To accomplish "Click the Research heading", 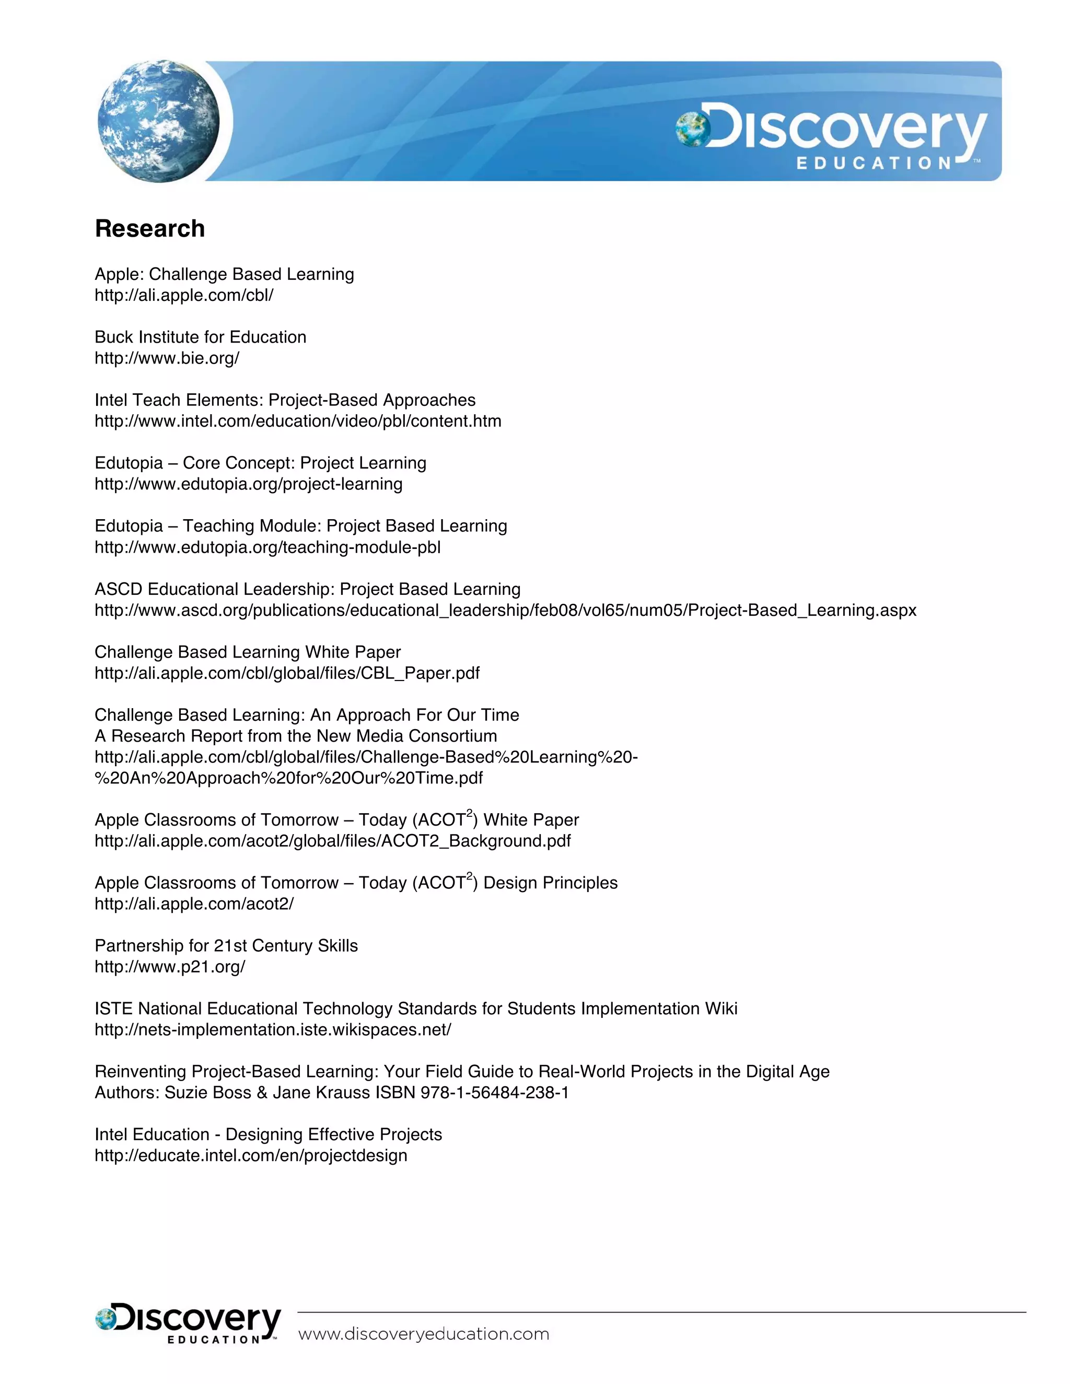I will pyautogui.click(x=149, y=229).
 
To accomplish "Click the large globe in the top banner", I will pyautogui.click(x=158, y=121).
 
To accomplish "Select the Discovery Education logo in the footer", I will pyautogui.click(x=188, y=1323).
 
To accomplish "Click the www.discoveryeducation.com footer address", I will pyautogui.click(x=423, y=1333).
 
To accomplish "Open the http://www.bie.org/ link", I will pyautogui.click(x=167, y=359).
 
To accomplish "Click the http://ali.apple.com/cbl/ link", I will pyautogui.click(x=184, y=295).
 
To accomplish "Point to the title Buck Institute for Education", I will pyautogui.click(x=200, y=337).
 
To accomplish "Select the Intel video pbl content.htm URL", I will pyautogui.click(x=298, y=421).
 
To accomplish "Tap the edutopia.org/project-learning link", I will pyautogui.click(x=249, y=484).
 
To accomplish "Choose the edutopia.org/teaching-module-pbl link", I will pyautogui.click(x=267, y=547).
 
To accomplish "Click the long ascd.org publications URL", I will pyautogui.click(x=505, y=610).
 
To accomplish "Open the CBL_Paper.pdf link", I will pyautogui.click(x=287, y=673).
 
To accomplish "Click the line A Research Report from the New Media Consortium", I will pyautogui.click(x=295, y=736).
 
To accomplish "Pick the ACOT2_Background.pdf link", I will pyautogui.click(x=333, y=841).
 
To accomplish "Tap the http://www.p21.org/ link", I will pyautogui.click(x=170, y=967).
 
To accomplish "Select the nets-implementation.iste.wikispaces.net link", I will pyautogui.click(x=273, y=1030).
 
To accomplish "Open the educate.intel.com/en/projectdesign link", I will pyautogui.click(x=251, y=1155).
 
